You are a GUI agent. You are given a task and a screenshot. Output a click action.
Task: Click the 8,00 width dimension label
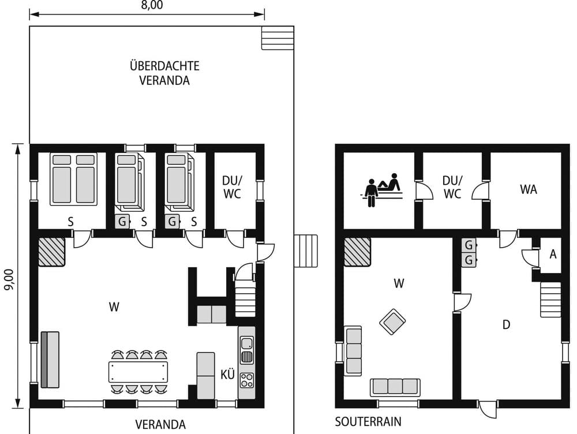point(152,5)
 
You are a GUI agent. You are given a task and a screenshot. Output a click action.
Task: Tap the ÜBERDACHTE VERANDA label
point(164,73)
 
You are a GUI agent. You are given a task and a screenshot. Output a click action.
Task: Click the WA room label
point(528,189)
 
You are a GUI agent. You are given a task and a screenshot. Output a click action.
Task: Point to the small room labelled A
point(552,254)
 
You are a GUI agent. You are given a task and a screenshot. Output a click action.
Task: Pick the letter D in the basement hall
point(506,325)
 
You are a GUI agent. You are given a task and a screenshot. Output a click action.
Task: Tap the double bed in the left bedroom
point(73,178)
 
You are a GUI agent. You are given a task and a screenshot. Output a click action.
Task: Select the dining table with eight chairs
point(138,372)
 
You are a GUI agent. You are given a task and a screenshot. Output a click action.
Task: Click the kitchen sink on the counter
point(246,349)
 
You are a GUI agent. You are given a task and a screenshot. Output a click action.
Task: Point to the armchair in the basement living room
point(392,321)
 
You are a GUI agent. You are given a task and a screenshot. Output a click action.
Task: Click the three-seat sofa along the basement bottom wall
point(395,387)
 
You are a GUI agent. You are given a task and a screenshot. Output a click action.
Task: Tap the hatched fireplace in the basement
point(357,252)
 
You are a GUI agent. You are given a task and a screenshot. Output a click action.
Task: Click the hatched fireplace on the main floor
point(51,252)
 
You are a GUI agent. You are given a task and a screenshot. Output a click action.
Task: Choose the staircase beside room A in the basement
point(550,299)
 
